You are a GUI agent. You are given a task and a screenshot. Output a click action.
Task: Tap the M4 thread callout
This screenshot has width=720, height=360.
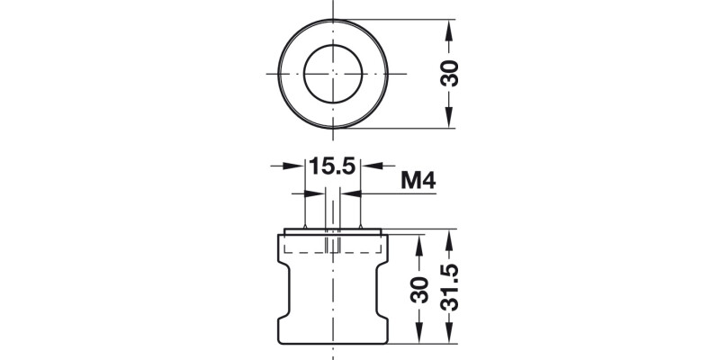(x=418, y=181)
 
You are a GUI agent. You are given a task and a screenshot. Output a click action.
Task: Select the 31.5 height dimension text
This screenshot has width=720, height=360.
(x=452, y=287)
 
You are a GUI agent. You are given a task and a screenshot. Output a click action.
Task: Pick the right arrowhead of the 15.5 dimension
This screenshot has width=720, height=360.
(x=369, y=166)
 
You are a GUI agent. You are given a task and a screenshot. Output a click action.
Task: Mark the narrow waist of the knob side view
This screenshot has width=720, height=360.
(x=333, y=288)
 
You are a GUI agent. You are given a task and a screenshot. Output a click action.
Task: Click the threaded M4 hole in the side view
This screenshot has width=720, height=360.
(x=332, y=245)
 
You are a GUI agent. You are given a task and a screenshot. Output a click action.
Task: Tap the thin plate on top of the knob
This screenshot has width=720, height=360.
(x=333, y=232)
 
